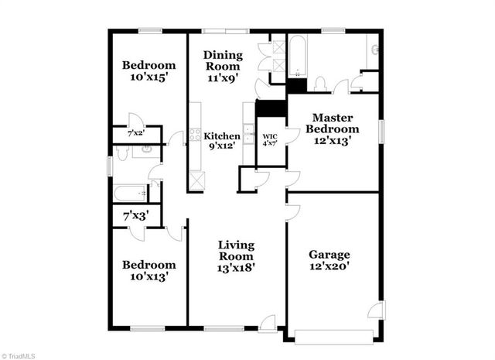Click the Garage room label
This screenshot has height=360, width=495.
click(x=329, y=254)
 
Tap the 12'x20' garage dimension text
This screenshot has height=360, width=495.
click(x=329, y=267)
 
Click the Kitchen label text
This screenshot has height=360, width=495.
click(x=221, y=136)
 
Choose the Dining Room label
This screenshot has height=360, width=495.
click(x=223, y=61)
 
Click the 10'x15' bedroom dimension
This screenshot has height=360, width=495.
click(x=148, y=78)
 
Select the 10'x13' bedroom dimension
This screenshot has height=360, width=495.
click(x=148, y=276)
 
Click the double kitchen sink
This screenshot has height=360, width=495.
click(x=247, y=135)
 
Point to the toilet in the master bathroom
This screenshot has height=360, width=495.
click(x=319, y=83)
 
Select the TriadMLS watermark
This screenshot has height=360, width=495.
click(x=19, y=355)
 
